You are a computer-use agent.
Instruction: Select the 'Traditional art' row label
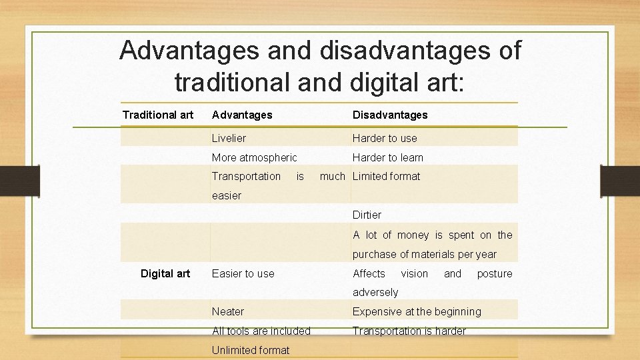pyautogui.click(x=158, y=115)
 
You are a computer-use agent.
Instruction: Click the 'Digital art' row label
pyautogui.click(x=165, y=273)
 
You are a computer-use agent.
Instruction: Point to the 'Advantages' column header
pyautogui.click(x=242, y=115)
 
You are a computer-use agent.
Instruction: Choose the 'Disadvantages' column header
pyautogui.click(x=390, y=115)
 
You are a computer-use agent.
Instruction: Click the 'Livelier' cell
pyautogui.click(x=229, y=138)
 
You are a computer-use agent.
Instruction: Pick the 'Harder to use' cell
pyautogui.click(x=385, y=138)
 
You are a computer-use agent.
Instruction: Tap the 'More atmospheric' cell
pyautogui.click(x=254, y=157)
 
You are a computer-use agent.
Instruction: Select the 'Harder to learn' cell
pyautogui.click(x=387, y=157)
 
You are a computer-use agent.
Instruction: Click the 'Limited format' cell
pyautogui.click(x=386, y=176)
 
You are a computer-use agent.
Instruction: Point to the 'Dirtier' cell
pyautogui.click(x=367, y=215)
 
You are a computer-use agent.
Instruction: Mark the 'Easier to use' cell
pyautogui.click(x=243, y=273)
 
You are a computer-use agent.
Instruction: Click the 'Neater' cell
pyautogui.click(x=228, y=311)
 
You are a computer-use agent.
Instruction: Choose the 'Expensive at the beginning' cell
pyautogui.click(x=417, y=311)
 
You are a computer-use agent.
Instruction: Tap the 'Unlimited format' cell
pyautogui.click(x=251, y=350)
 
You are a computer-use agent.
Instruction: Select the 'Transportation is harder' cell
pyautogui.click(x=409, y=331)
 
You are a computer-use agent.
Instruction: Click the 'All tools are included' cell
pyautogui.click(x=261, y=331)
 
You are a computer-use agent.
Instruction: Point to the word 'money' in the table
pyautogui.click(x=413, y=235)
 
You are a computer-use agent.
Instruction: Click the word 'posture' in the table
pyautogui.click(x=495, y=273)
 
